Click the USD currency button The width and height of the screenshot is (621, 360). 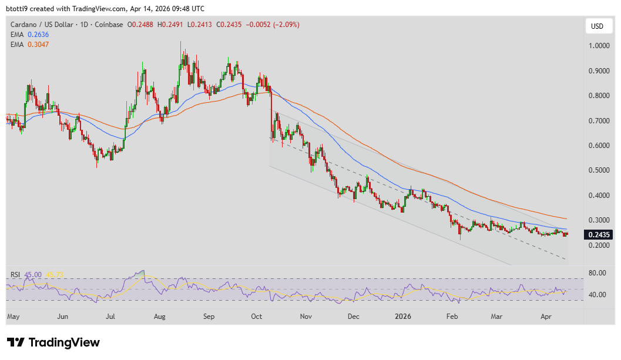pos(597,26)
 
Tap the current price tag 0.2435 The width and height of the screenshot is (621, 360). pos(599,234)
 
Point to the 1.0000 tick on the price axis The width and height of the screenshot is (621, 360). pos(599,46)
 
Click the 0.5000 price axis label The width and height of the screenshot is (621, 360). pos(599,170)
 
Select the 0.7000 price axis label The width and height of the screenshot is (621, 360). pos(599,120)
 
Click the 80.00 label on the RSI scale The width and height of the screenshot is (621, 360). pos(597,273)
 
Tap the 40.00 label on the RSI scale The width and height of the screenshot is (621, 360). pos(597,294)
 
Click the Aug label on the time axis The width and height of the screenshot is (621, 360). pos(160,317)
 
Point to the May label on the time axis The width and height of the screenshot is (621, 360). pos(14,317)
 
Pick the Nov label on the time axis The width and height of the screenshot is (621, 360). pos(306,317)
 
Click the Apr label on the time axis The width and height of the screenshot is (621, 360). pos(545,317)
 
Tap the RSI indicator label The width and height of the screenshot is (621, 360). pos(16,274)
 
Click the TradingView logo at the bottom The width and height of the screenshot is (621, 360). pos(53,342)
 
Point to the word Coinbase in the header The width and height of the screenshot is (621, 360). pos(109,25)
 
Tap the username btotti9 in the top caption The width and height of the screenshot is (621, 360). pos(18,9)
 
